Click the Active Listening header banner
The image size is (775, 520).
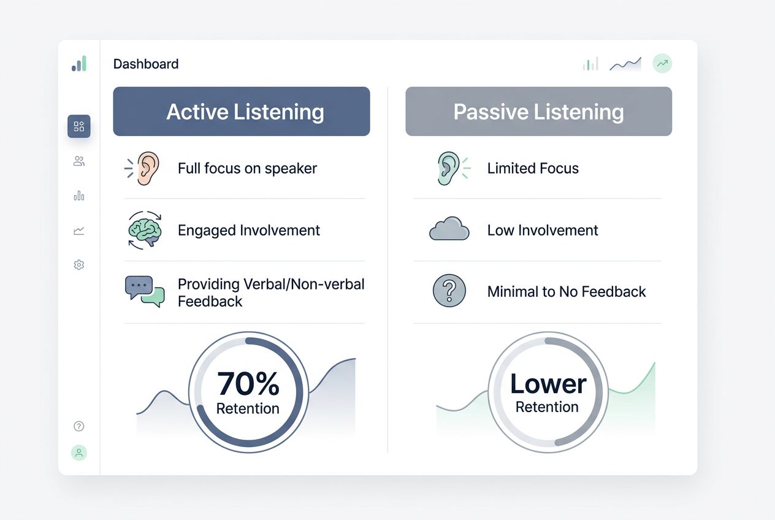tap(242, 111)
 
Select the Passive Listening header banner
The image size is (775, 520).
tap(538, 111)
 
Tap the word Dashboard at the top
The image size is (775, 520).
tap(146, 64)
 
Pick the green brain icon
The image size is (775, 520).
tap(145, 231)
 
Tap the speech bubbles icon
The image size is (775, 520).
tap(145, 291)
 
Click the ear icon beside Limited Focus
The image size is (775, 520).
tap(449, 168)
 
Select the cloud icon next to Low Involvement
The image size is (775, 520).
tap(449, 229)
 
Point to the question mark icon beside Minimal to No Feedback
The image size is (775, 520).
tap(449, 291)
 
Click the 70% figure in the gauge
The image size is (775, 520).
tap(248, 384)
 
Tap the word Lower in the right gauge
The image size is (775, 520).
tap(548, 384)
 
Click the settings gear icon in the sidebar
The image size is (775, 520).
tap(78, 265)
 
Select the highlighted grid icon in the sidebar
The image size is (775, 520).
tap(78, 126)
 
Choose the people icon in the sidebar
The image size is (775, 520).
tap(78, 161)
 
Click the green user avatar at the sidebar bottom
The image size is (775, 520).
tap(78, 453)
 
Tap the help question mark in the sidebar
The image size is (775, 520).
tap(78, 426)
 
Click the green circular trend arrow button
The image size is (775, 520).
tap(662, 63)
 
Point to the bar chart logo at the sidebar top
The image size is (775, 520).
tap(79, 64)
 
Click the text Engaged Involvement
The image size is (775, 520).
tap(249, 231)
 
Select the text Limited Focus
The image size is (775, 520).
tap(533, 169)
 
